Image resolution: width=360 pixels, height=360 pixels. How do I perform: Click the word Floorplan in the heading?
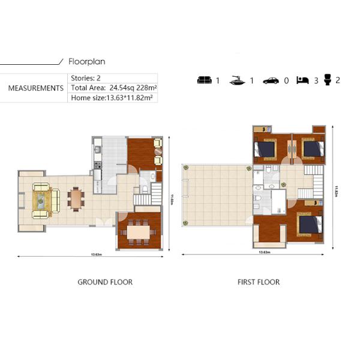point(88,61)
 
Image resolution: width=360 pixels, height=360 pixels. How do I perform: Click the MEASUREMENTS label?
point(35,88)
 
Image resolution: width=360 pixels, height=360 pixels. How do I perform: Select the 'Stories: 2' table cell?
point(86,78)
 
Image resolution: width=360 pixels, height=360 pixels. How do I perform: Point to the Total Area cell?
point(113,88)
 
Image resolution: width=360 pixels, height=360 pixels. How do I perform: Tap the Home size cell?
point(113,97)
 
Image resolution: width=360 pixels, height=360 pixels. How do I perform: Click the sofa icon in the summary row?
point(205,80)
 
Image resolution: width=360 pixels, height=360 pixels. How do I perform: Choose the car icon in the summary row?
point(271,80)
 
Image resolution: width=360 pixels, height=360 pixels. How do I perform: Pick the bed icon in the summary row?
point(303,80)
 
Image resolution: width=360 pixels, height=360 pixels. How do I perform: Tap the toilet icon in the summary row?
point(328,79)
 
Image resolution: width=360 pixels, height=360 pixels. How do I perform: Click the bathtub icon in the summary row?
point(238,80)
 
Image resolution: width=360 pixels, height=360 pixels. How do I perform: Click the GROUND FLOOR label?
point(105,282)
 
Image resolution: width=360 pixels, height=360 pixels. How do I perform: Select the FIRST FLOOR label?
point(258,282)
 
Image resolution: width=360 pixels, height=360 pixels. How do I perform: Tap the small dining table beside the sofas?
point(76,198)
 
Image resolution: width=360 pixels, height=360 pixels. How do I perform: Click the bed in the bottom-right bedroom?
point(310,224)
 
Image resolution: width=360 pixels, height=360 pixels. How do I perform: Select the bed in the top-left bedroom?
point(266,148)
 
